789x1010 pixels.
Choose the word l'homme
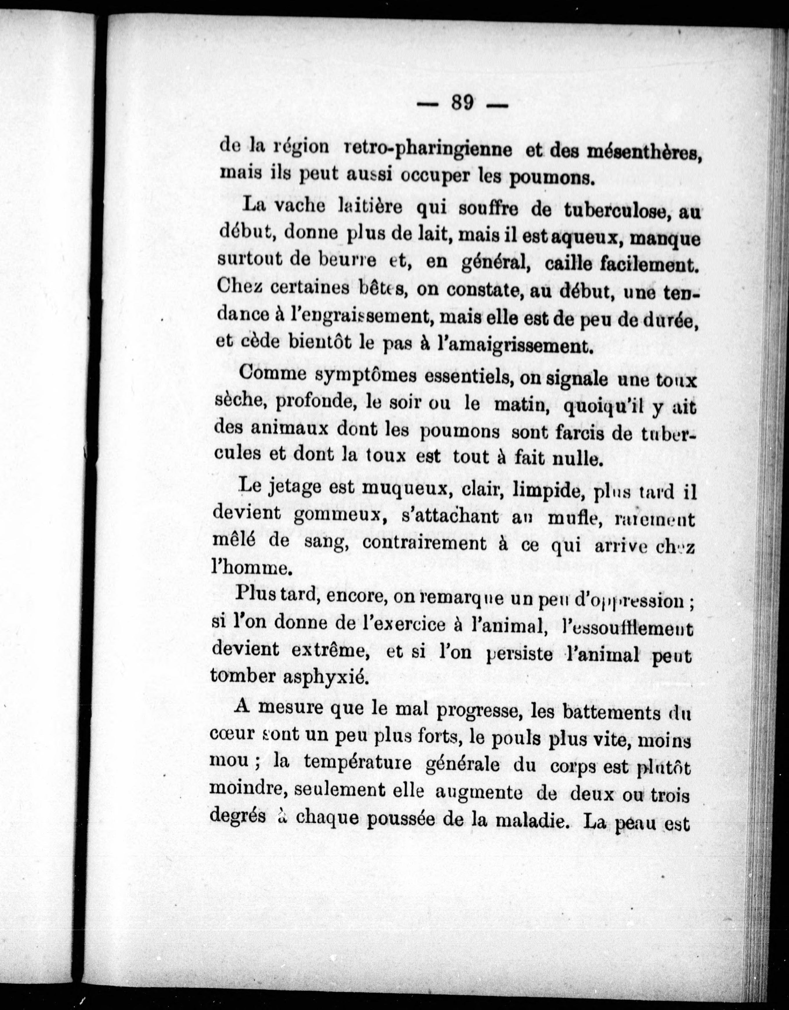(x=251, y=567)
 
